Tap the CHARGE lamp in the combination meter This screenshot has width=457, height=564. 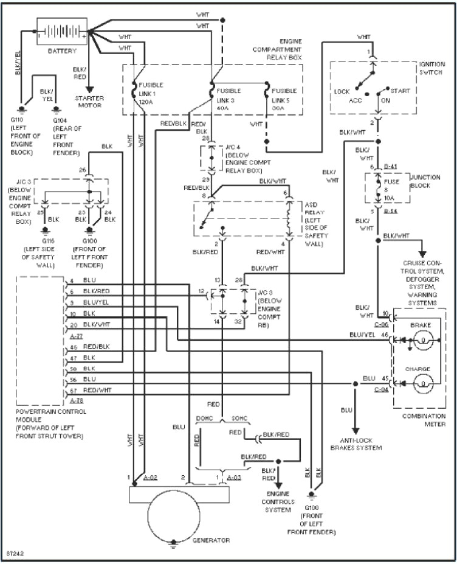[423, 383]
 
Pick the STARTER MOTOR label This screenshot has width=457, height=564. [89, 102]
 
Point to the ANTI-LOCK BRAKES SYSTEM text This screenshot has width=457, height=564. [356, 444]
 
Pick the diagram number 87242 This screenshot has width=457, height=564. [14, 554]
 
